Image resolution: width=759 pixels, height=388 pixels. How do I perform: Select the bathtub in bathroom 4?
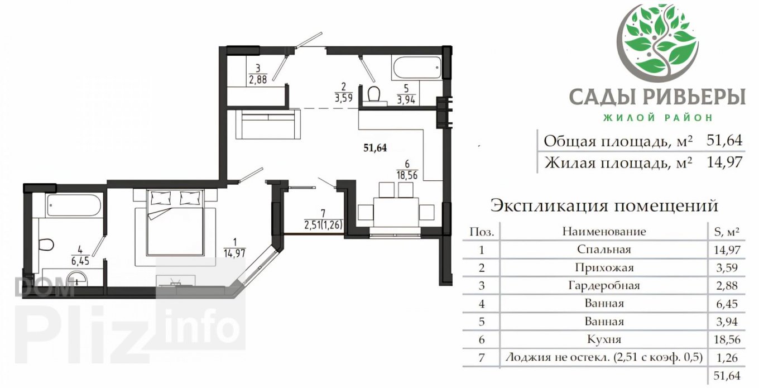tap(74, 205)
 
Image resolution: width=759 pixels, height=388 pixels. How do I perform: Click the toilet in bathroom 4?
tap(46, 245)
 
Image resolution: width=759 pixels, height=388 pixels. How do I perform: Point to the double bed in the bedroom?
tap(175, 222)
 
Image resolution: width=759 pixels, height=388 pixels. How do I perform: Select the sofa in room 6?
tap(268, 124)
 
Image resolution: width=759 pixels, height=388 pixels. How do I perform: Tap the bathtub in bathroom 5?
tap(417, 68)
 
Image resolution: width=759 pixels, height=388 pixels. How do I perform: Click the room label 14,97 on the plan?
tap(234, 253)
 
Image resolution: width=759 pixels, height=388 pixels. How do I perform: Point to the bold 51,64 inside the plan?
tap(375, 148)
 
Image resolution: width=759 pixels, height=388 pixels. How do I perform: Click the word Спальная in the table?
tap(604, 250)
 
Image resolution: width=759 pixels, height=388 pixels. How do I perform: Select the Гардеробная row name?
tap(604, 285)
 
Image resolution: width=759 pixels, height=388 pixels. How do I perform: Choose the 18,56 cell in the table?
tap(727, 339)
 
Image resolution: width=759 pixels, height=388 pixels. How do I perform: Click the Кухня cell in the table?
tap(604, 339)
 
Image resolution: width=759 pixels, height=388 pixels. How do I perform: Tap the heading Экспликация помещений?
tap(604, 205)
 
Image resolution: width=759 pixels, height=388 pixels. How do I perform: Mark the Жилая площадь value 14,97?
tap(724, 162)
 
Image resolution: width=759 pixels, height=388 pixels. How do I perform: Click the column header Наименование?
tap(604, 232)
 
